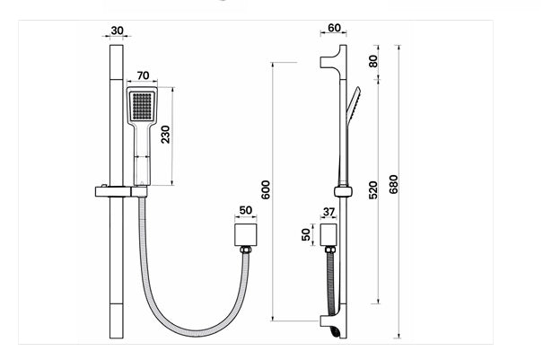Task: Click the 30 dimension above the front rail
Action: [x=117, y=31]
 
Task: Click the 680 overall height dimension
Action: [x=393, y=184]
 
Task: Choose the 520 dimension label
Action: [x=372, y=190]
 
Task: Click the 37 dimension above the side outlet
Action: [x=328, y=212]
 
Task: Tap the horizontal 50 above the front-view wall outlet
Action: [x=246, y=211]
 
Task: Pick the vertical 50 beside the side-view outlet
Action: [x=305, y=235]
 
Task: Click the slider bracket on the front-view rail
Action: [x=118, y=190]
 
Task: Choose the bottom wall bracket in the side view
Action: [x=330, y=320]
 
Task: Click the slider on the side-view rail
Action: [x=341, y=190]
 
